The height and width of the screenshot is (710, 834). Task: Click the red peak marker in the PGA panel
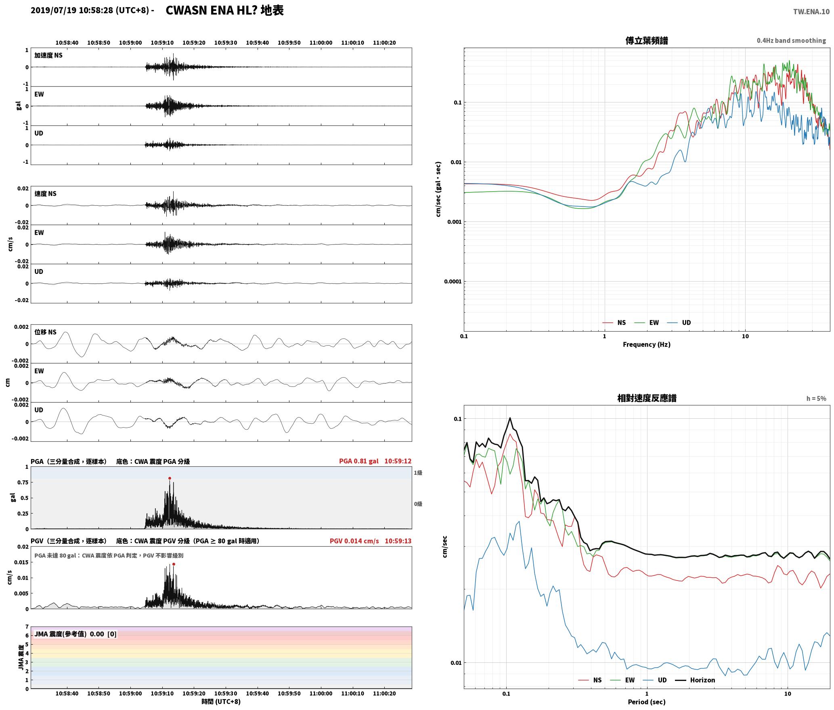coord(170,478)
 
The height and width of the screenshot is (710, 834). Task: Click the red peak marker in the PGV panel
coord(174,564)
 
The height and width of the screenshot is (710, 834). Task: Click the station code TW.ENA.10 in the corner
coord(811,12)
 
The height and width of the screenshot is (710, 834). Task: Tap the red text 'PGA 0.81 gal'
coord(359,461)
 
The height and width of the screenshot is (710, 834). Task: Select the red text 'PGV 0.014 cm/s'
coord(354,541)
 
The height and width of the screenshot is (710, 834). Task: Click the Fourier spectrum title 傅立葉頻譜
coord(647,40)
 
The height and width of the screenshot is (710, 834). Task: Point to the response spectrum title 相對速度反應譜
coord(647,398)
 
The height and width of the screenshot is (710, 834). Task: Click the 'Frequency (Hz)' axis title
coord(647,345)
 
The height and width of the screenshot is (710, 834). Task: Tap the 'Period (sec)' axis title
coord(647,702)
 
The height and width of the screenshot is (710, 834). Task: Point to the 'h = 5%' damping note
coord(816,399)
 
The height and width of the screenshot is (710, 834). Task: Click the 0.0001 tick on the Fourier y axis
coord(453,282)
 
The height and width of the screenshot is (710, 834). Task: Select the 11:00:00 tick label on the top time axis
coord(321,42)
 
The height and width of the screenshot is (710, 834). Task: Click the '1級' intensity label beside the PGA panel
coord(418,472)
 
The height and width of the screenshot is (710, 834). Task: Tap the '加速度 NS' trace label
coord(48,55)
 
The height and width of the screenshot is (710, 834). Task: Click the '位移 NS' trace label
coord(46,332)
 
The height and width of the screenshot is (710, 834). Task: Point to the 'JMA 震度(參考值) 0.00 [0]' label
coord(75,634)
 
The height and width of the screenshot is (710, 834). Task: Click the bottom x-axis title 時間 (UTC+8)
coord(221,702)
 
